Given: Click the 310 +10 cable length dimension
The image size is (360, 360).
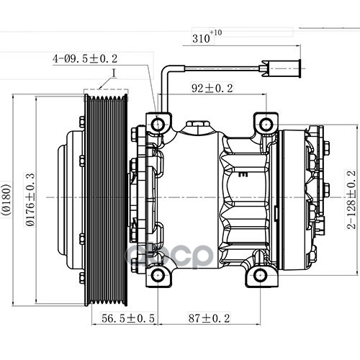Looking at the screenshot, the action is point(207,37).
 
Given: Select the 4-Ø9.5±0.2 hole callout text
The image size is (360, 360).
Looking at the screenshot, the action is point(85,59).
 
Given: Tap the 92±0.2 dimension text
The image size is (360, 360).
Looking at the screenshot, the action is point(212,88).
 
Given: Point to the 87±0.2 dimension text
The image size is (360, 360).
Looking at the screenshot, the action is point(210,318).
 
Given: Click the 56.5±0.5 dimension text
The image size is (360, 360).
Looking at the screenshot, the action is point(128,318).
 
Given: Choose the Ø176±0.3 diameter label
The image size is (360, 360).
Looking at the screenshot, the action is point(30,199).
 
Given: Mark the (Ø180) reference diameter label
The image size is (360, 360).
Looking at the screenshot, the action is point(6,199).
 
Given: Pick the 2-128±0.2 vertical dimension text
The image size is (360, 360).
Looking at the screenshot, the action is point(351,199).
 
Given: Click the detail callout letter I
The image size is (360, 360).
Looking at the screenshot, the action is point(114,73).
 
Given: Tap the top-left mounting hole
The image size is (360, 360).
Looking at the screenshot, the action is point(158,125).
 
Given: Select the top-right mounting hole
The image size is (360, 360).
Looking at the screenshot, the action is point(266,125).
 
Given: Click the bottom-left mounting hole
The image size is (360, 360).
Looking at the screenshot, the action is point(158,275).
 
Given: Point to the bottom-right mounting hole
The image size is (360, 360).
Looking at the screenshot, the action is point(260,275).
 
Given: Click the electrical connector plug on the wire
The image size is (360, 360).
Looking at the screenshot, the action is point(280,68).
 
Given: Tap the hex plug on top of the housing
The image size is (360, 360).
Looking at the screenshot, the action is point(197,124).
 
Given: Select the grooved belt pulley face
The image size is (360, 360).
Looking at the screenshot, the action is point(106,200).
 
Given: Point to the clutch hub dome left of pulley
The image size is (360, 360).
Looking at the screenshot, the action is point(71,199).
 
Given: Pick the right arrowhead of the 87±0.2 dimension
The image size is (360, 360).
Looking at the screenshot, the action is point(258,325).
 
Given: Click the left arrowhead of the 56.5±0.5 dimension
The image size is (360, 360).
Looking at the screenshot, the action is point(94,325).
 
